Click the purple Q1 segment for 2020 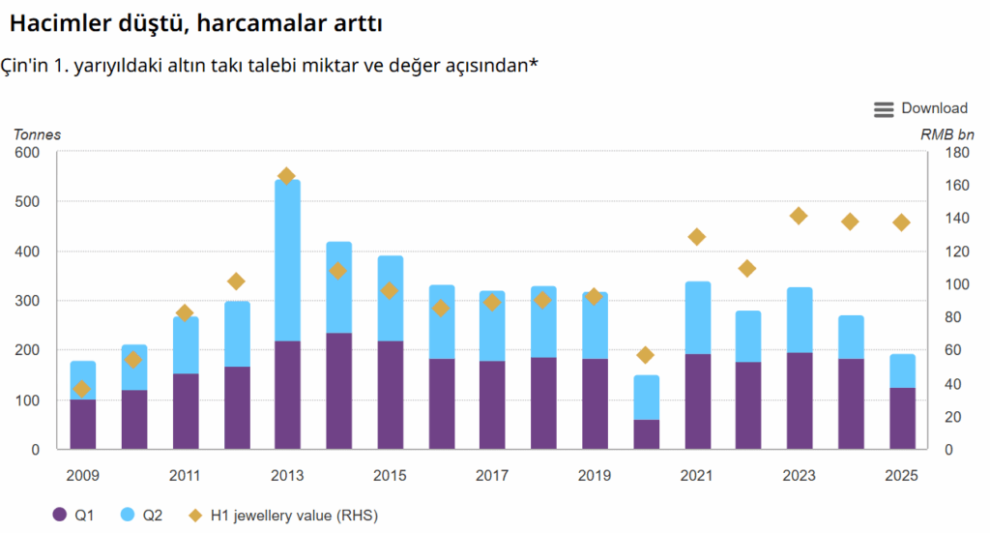point(647,434)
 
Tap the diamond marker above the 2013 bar point(286,176)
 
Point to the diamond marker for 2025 point(901,222)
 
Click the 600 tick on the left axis point(27,153)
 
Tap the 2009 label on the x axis point(83,476)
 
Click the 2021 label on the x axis point(697,476)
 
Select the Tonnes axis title point(38,134)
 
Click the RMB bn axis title point(947,134)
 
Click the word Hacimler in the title point(55,20)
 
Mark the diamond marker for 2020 point(646,355)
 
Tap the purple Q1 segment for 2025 point(902,419)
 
